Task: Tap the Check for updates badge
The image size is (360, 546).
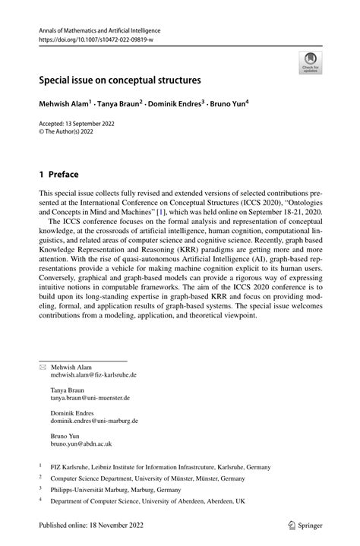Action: [x=311, y=63]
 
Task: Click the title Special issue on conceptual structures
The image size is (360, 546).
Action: [x=121, y=78]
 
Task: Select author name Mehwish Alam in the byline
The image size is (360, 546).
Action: [x=65, y=102]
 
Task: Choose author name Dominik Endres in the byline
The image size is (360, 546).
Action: [x=178, y=102]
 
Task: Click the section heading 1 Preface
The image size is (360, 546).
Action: [x=60, y=174]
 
